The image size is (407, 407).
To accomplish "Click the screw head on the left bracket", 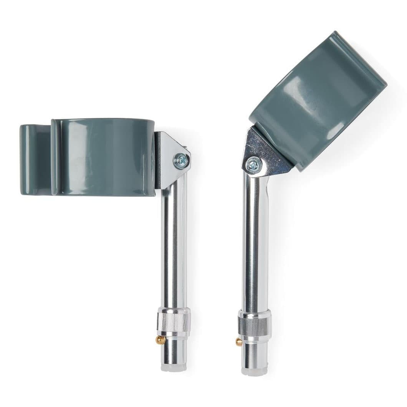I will click(x=180, y=160).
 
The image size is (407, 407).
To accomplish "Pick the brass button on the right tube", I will click(x=239, y=341).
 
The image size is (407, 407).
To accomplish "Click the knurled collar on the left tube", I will click(x=174, y=322).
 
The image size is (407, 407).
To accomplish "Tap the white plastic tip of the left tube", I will click(x=174, y=367).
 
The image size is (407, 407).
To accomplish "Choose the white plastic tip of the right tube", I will click(x=254, y=371).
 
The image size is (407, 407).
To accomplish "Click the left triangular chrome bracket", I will click(x=169, y=154).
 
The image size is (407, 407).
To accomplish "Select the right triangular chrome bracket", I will click(x=265, y=152).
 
